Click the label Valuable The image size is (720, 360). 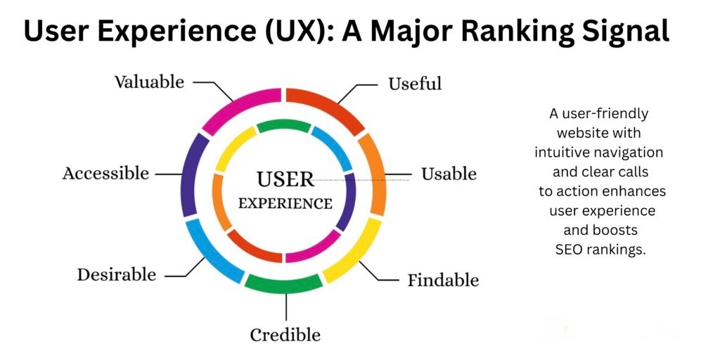149,82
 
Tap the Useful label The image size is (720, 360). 415,84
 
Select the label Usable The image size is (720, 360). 449,174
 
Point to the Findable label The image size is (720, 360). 443,281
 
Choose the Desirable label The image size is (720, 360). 116,274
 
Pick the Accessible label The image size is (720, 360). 105,173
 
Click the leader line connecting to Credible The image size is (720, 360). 285,307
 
